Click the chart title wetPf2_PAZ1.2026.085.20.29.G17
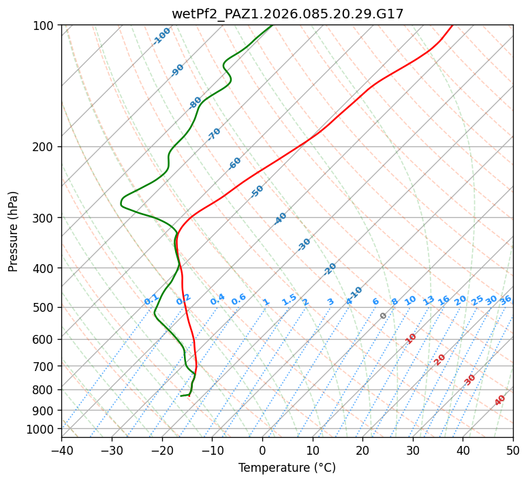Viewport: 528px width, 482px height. click(x=287, y=14)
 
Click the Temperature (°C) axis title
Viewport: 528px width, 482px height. click(x=287, y=468)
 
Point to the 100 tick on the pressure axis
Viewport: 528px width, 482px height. click(x=45, y=26)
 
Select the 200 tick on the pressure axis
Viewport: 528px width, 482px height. click(x=45, y=147)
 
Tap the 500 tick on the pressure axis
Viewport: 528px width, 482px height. click(x=45, y=308)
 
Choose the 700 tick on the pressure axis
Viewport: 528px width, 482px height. click(x=45, y=366)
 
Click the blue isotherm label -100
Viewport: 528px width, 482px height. click(x=162, y=36)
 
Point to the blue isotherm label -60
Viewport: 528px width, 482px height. click(x=235, y=163)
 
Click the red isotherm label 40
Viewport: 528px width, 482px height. click(x=500, y=400)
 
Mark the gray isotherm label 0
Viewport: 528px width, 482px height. click(x=384, y=316)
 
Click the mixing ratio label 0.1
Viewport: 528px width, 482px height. click(x=151, y=300)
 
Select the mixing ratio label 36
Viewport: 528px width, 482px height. click(x=506, y=300)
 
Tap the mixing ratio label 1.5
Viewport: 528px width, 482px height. click(x=289, y=300)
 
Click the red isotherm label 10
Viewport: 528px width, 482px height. click(x=411, y=338)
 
